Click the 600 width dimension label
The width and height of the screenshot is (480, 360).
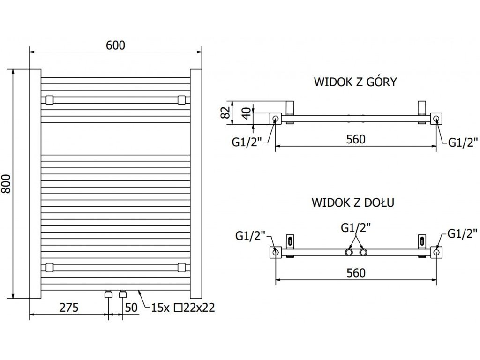tap(115, 45)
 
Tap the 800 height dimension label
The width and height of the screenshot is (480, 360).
tap(6, 184)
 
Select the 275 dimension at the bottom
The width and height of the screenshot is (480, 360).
tap(69, 307)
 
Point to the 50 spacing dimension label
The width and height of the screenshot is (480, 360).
tap(131, 307)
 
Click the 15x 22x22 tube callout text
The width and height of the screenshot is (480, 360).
tap(183, 307)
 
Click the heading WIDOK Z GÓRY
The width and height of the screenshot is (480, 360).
tap(355, 82)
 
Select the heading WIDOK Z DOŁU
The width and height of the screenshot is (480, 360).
tap(353, 202)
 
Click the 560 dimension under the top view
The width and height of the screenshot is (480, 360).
tap(356, 139)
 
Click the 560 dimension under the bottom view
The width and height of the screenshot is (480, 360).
tap(356, 272)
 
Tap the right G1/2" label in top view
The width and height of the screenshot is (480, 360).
tap(463, 142)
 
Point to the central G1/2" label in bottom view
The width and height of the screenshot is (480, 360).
tap(356, 228)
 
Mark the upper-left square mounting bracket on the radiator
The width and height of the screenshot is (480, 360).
tap(49, 100)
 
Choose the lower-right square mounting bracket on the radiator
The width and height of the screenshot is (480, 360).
tap(181, 267)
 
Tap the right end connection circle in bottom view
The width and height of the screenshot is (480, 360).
tap(436, 252)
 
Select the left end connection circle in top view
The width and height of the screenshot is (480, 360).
tap(276, 118)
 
